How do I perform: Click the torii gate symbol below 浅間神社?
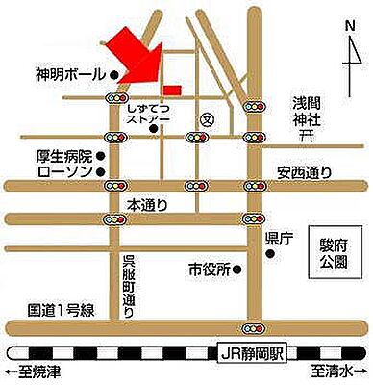point(306,139)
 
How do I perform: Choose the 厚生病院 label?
point(64,156)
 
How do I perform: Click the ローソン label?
point(64,171)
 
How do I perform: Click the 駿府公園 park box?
point(330,252)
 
